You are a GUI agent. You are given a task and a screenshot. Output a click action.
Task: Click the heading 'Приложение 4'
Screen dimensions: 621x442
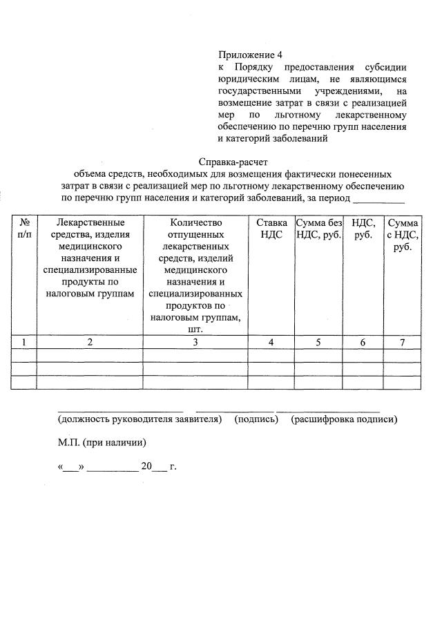click(x=251, y=55)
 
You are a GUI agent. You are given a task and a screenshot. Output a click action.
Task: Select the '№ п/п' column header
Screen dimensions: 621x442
click(x=24, y=229)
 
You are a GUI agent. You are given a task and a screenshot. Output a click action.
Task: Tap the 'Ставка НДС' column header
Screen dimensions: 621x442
click(x=271, y=229)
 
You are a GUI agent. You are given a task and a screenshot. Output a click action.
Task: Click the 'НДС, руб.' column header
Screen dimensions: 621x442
click(x=363, y=229)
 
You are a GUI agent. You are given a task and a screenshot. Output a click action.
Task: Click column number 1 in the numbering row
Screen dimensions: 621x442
click(x=24, y=341)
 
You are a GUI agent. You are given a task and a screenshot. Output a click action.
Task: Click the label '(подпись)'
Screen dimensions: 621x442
click(x=256, y=419)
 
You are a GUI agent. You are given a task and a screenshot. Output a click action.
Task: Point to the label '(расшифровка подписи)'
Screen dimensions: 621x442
click(x=344, y=419)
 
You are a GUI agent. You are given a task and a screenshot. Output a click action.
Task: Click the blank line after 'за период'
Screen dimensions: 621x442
click(x=378, y=201)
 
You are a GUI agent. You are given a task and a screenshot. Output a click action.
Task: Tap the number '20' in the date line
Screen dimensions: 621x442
click(x=146, y=466)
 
